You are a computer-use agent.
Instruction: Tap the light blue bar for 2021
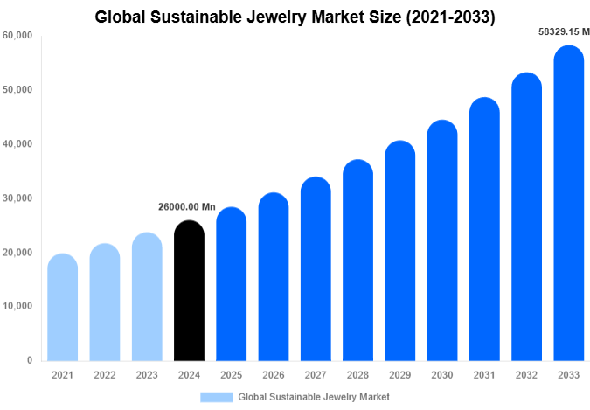pyautogui.click(x=62, y=307)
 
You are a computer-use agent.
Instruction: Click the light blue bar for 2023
pyautogui.click(x=147, y=296)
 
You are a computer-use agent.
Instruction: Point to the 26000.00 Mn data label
pyautogui.click(x=186, y=207)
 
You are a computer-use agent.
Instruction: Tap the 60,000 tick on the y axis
pyautogui.click(x=17, y=36)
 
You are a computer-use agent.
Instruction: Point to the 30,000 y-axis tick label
pyautogui.click(x=17, y=198)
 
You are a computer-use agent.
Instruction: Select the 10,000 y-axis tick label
pyautogui.click(x=17, y=306)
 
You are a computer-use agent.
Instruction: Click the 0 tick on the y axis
pyautogui.click(x=29, y=360)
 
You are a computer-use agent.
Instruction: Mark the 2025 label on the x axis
pyautogui.click(x=231, y=375)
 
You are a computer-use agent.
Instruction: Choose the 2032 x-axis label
pyautogui.click(x=526, y=375)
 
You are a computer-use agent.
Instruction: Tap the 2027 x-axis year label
pyautogui.click(x=316, y=375)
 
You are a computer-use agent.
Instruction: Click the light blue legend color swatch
pyautogui.click(x=216, y=396)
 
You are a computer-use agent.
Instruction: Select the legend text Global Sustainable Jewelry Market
pyautogui.click(x=314, y=396)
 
